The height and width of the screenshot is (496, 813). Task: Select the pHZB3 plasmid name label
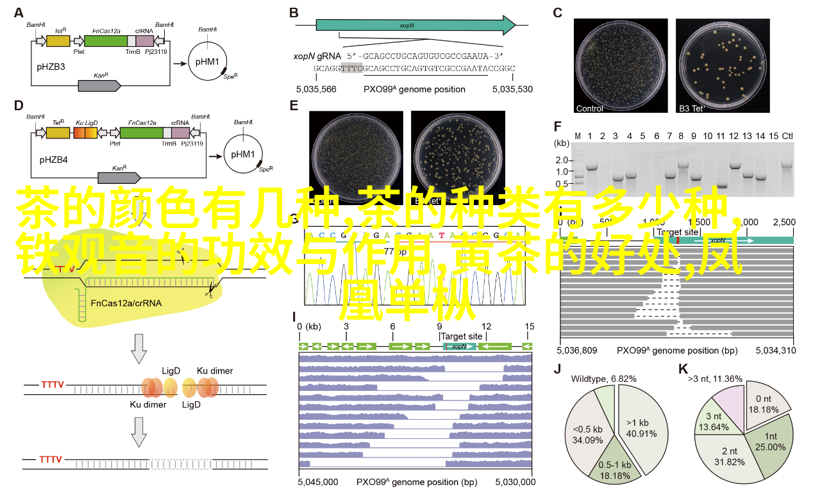51,65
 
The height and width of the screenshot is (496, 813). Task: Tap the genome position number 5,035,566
315,89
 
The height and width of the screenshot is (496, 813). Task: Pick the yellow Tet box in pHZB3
58,40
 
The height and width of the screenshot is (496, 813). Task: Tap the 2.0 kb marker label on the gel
562,159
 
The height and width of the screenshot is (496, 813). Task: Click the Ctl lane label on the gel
787,136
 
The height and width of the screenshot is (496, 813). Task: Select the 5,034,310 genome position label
775,351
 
